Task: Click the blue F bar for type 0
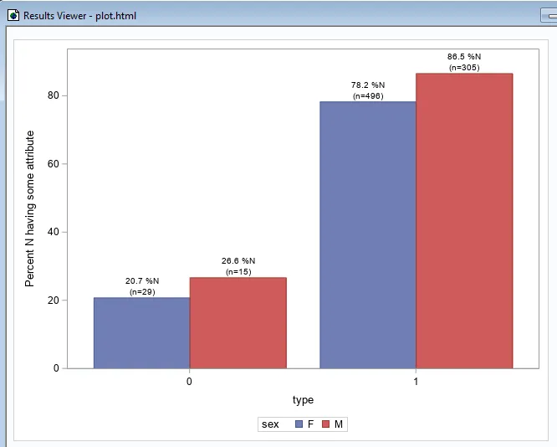pos(141,332)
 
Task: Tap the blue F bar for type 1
pos(368,234)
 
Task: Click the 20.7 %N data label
pos(142,280)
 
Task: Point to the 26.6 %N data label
pos(238,260)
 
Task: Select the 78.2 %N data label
pos(368,85)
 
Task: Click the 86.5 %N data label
pos(464,57)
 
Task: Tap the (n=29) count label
pos(142,291)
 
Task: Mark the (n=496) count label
pos(368,96)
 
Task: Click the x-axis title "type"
pos(303,400)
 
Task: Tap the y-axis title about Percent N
pos(30,208)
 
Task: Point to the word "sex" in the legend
pos(270,424)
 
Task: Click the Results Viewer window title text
pos(79,16)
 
